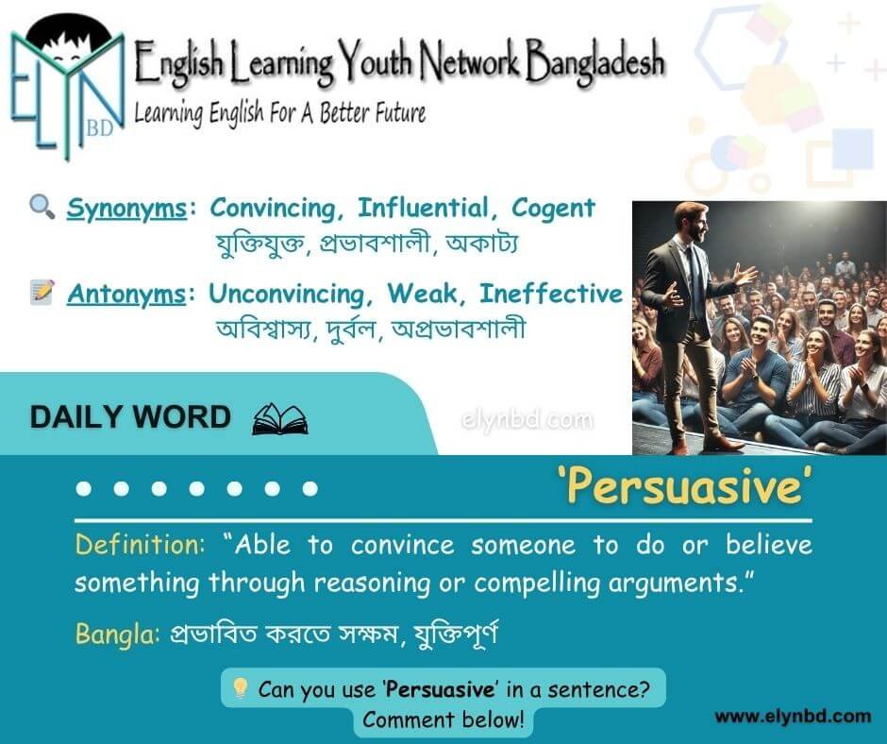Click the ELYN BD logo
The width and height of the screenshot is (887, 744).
point(67,88)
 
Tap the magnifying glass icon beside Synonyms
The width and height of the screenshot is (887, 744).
point(42,207)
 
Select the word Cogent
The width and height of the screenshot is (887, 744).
point(553,209)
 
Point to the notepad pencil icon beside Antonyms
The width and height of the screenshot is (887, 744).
point(42,292)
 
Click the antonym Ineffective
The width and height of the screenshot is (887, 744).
point(550,294)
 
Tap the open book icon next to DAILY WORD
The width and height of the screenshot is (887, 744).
point(279,419)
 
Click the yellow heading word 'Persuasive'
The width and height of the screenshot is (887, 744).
point(685,486)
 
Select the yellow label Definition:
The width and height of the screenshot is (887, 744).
point(140,545)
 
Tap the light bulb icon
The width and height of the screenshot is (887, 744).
point(241,688)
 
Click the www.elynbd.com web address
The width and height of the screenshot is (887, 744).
point(793,717)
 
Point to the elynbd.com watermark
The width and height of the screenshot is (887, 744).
point(527,419)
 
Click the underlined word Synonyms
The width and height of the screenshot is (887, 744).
point(126,209)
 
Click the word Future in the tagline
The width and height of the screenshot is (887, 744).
point(400,112)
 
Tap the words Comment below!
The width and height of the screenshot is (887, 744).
point(443,719)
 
